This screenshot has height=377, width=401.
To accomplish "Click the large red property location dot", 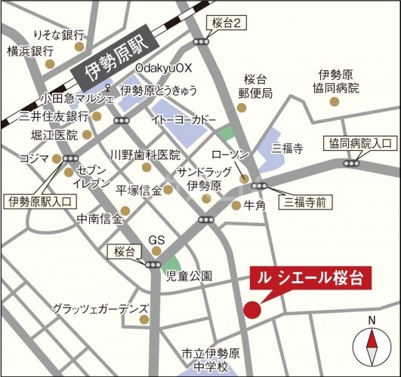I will pyautogui.click(x=252, y=309).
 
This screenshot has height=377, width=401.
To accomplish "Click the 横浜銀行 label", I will pyautogui.click(x=30, y=51).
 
